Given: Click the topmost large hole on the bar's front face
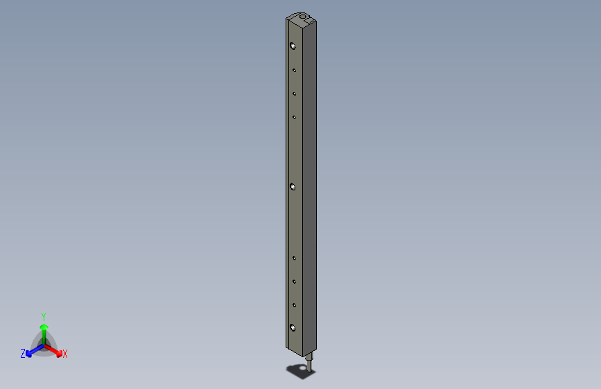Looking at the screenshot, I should [293, 46].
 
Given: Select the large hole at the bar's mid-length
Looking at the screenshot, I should [293, 187].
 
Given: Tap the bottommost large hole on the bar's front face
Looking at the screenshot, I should [293, 327].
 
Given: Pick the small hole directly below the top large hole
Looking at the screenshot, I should [294, 70].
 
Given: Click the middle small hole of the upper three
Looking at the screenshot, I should [294, 93].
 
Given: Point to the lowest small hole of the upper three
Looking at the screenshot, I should [294, 117].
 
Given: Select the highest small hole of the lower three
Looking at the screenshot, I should [294, 257].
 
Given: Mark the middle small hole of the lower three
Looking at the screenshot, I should [294, 281].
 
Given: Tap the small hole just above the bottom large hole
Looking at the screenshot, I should [294, 305].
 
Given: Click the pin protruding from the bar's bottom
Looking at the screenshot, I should [310, 363].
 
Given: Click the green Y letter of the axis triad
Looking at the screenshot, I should [43, 315].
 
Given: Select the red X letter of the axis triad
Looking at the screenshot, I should [65, 354].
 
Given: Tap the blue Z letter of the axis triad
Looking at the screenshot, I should [23, 354].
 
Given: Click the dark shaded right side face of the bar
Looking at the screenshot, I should [311, 187].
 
